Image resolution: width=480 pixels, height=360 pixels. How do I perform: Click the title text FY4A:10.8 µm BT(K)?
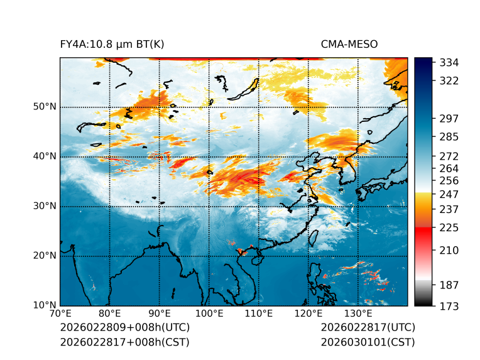coord(112,44)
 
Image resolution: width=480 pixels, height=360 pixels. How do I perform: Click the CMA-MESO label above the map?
coord(349,44)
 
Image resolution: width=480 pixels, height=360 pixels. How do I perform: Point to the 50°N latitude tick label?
coord(44,107)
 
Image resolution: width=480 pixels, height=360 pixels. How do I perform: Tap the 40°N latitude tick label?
coord(44,156)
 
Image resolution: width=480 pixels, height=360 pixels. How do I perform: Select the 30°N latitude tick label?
coord(44,206)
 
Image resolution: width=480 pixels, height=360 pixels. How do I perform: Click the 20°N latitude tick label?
coord(44,256)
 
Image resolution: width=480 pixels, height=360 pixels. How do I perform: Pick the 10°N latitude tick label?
coord(44,305)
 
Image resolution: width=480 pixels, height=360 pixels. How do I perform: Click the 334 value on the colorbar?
coord(449,63)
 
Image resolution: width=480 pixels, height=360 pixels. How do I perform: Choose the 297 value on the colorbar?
coord(449,119)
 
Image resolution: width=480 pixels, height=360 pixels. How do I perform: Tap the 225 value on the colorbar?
coord(449,227)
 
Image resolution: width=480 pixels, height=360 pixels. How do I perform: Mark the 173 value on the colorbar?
coord(449,306)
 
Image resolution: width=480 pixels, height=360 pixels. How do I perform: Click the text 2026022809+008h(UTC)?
coord(125,328)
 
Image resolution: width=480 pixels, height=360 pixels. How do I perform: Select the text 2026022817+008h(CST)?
coord(124,342)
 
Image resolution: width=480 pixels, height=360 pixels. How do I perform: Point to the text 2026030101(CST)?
coord(368,342)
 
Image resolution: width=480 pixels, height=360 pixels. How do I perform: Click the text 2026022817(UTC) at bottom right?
coord(368,328)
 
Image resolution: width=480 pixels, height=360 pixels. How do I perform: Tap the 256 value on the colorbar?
coord(449,181)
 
